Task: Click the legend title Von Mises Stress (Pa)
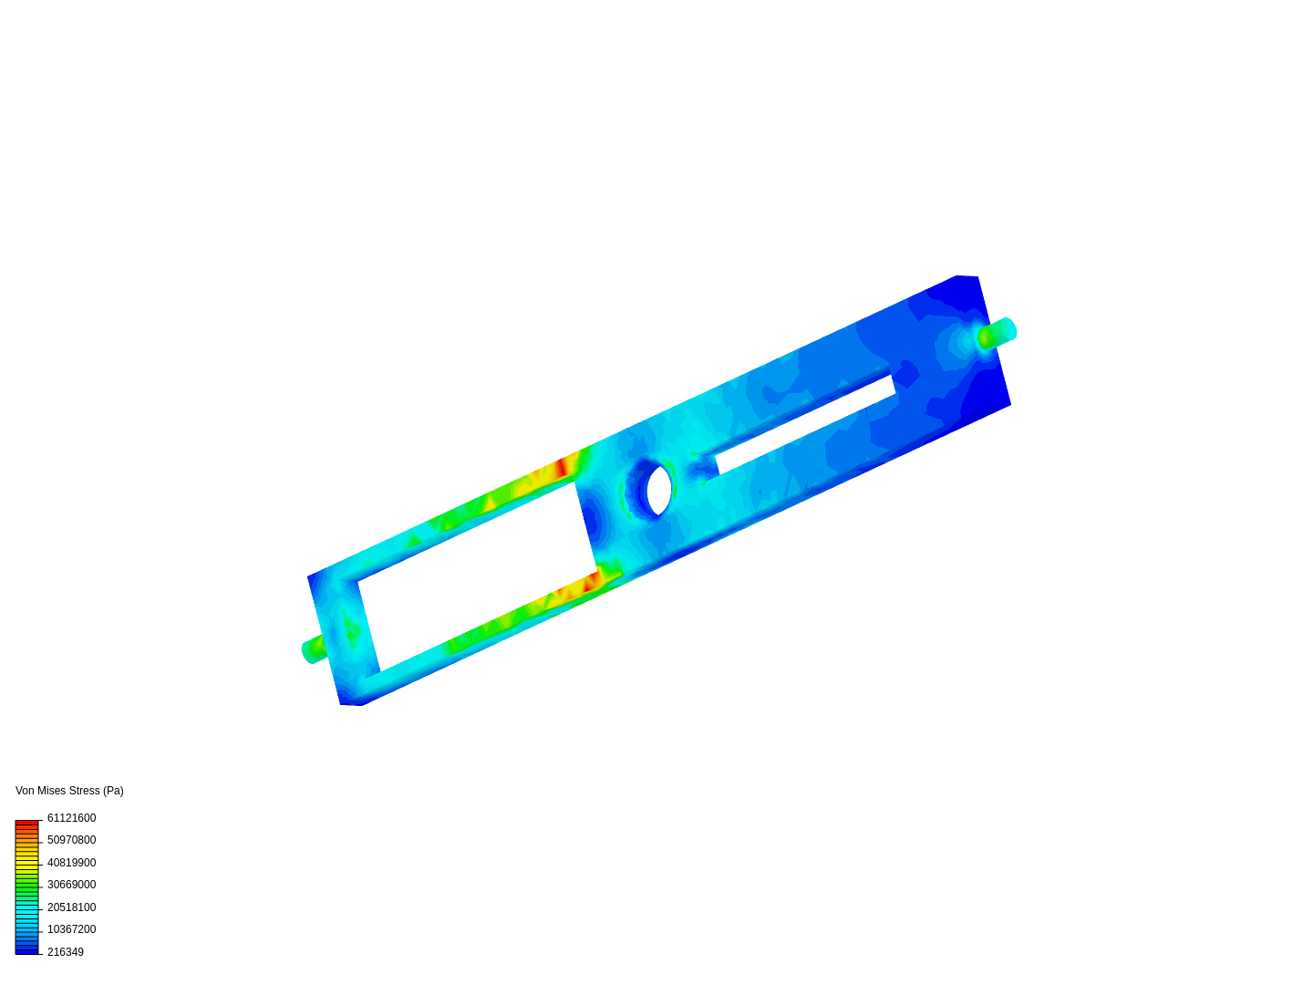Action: click(69, 791)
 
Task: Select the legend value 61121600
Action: click(71, 818)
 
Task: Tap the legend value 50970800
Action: click(71, 840)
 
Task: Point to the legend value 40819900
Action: click(71, 863)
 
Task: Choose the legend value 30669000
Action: click(71, 885)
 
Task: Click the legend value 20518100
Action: click(71, 907)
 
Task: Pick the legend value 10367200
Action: click(71, 930)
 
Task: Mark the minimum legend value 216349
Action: click(66, 953)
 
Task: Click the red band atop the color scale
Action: click(27, 824)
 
